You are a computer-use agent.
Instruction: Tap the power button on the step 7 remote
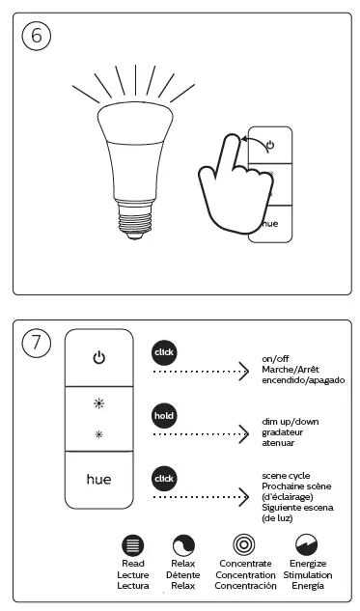coord(98,358)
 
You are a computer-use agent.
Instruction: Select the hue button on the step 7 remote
coord(98,478)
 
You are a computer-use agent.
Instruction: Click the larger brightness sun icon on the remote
coord(98,402)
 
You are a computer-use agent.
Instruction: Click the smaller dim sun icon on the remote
coord(98,434)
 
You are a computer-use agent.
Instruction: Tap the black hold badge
coord(165,416)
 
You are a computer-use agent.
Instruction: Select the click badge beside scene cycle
coord(165,478)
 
